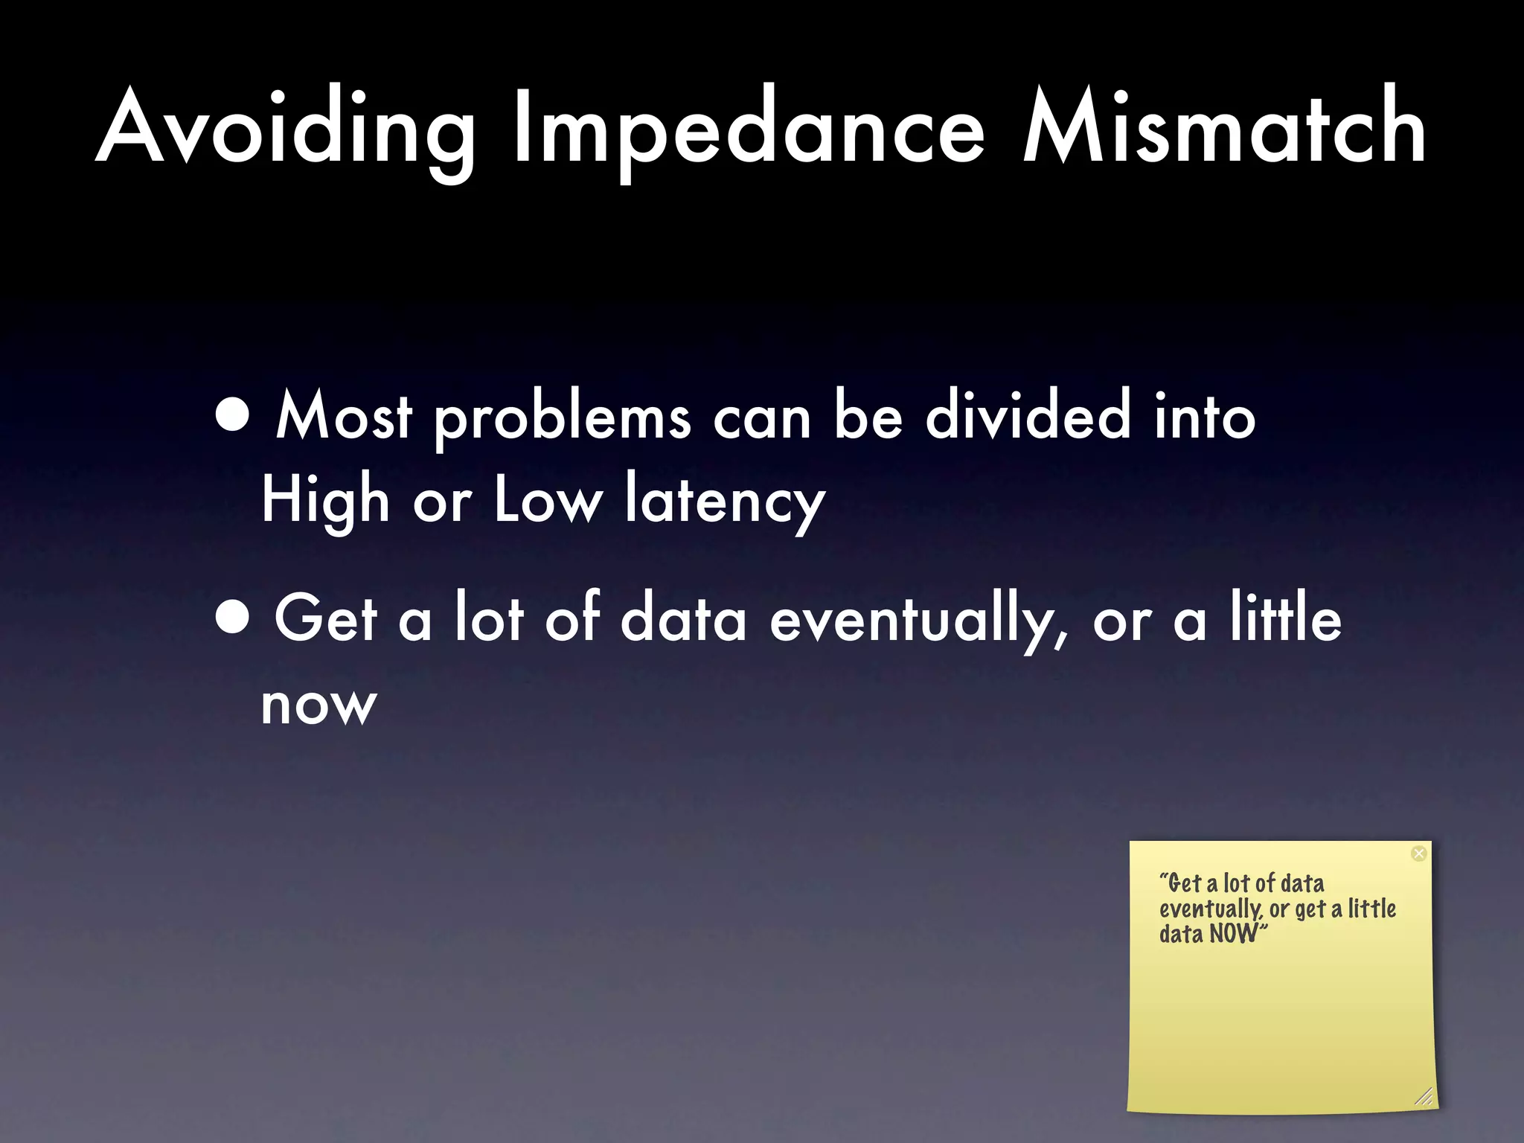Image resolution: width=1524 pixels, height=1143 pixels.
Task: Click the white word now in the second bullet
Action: [319, 705]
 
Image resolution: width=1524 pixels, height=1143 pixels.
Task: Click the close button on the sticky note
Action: [1418, 854]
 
